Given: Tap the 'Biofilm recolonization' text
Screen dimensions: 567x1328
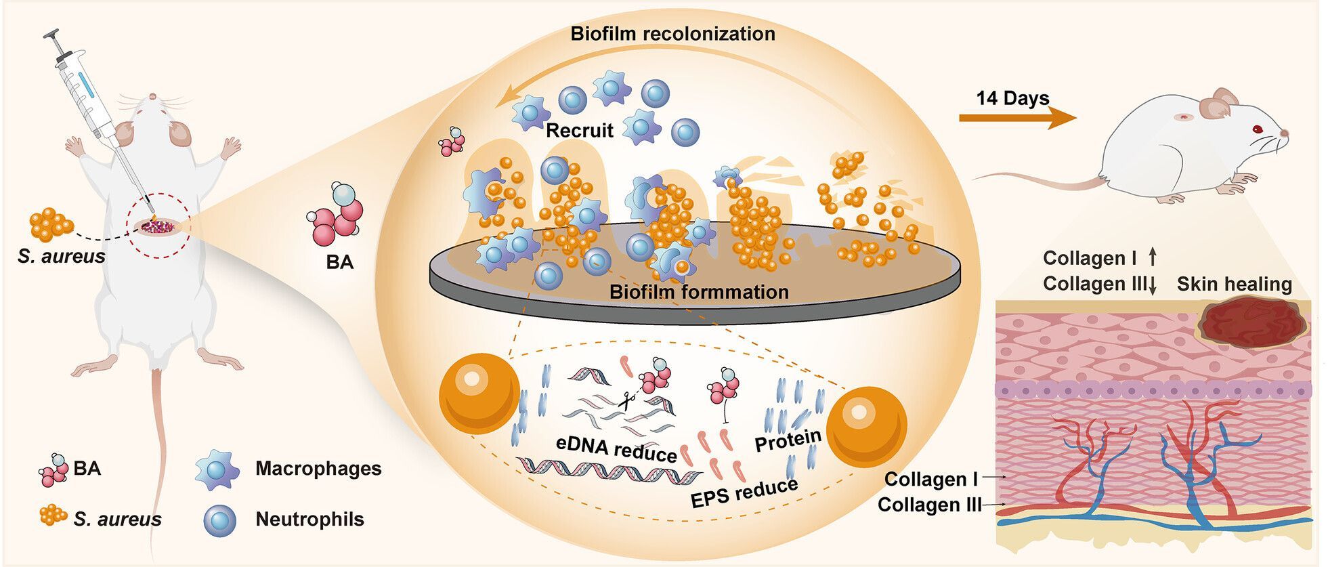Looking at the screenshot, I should click(672, 33).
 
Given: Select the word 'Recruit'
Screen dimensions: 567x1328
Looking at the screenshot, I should click(579, 130).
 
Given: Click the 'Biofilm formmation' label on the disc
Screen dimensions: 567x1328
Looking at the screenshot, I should click(699, 292).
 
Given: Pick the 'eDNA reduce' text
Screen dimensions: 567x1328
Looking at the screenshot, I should click(616, 448).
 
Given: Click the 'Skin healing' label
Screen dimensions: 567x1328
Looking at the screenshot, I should click(1234, 284).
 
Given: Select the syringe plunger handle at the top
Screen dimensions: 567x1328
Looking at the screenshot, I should click(53, 35).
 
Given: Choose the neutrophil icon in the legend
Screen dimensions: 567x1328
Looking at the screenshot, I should click(219, 520).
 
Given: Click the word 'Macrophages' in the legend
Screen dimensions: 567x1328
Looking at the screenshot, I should click(318, 468).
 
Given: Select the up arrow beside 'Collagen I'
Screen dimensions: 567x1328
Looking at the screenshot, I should click(1153, 257).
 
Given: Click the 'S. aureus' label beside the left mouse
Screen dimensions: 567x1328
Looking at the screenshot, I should click(62, 257).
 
